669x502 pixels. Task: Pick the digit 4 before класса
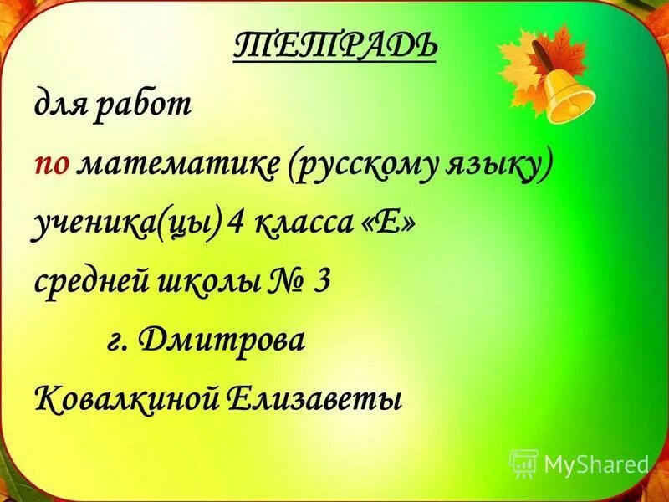point(237,223)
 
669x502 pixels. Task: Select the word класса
point(305,223)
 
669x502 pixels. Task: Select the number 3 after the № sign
point(321,281)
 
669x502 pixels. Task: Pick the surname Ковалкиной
point(125,397)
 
